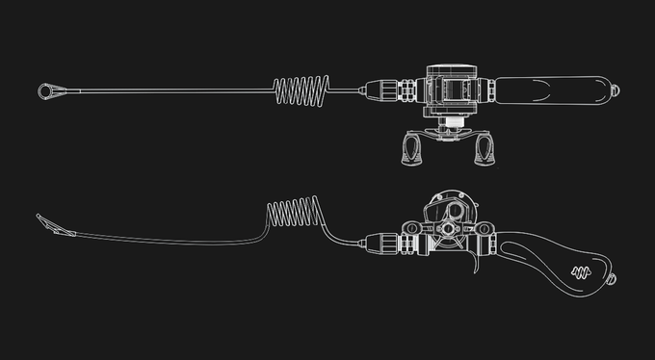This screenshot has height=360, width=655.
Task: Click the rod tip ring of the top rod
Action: coord(47,91)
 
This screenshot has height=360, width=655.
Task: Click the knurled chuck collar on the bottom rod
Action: coord(380,244)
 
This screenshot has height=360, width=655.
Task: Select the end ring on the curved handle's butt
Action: coord(612,280)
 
